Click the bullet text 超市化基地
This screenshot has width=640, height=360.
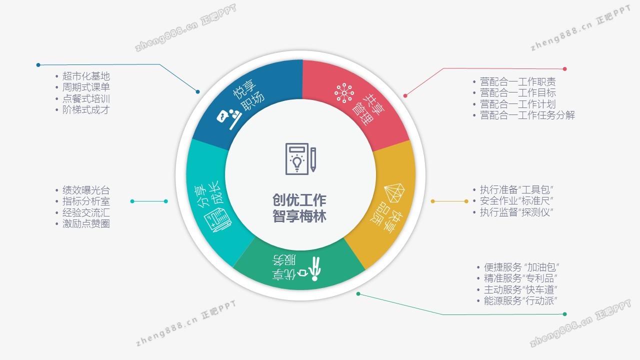pos(86,76)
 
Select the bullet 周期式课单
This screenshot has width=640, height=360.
pos(86,87)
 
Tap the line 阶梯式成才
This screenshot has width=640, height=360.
pos(86,109)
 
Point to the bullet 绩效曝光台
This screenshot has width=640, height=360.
pos(86,190)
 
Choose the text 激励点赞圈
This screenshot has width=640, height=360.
pos(86,223)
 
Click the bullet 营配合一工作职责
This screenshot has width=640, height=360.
pos(517,82)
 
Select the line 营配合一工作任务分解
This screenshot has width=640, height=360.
pos(527,115)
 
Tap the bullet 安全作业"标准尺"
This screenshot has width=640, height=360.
pos(516,201)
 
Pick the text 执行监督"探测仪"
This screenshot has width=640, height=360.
pos(516,212)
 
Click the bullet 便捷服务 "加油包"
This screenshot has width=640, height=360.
pos(521,267)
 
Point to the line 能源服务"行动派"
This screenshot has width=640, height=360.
pos(520,300)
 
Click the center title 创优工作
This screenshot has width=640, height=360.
pos(299,200)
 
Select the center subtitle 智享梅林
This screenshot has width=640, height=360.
pos(299,216)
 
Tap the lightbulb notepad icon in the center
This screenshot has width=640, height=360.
pos(300,159)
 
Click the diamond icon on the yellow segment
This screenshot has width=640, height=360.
pos(394,193)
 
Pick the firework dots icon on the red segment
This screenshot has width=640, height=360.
pos(344,93)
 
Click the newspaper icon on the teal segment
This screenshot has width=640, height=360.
pos(217,219)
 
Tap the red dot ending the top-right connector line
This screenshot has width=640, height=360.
pos(564,69)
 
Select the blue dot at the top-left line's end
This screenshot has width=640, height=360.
pos(38,65)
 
